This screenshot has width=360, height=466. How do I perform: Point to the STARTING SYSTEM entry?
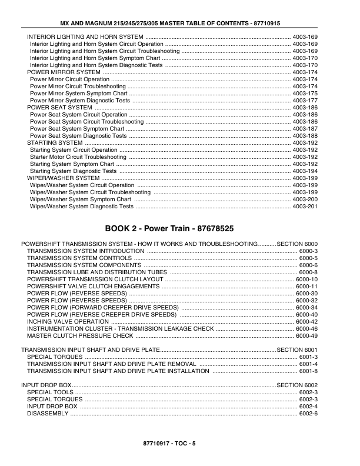[x=55, y=143]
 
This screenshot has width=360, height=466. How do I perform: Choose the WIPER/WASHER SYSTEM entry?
[x=64, y=178]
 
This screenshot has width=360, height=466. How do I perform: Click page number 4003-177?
[x=305, y=101]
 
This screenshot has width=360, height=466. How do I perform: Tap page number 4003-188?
[x=305, y=136]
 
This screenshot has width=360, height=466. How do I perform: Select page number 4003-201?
[x=305, y=207]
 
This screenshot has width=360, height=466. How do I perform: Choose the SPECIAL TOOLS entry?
[x=51, y=392]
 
